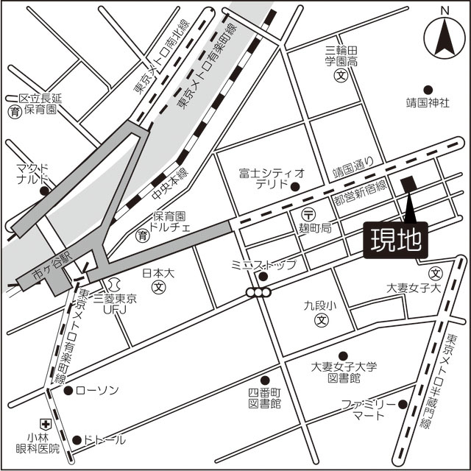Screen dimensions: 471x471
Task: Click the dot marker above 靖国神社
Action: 428,87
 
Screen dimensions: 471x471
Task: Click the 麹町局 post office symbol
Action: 309,214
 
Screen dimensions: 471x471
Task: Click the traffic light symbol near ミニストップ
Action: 259,292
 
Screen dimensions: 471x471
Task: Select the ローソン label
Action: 96,390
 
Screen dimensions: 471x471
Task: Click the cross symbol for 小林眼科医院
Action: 45,424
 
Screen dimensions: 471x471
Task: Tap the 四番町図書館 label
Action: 265,397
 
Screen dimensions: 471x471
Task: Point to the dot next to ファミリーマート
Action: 403,403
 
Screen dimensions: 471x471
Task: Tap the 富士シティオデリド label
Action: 271,179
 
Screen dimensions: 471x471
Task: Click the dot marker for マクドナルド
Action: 44,191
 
